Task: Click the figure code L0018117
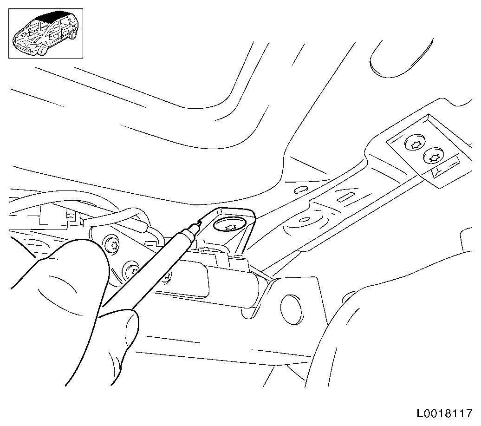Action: coord(444,413)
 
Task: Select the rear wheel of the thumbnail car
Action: coord(73,34)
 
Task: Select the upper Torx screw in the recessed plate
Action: coord(416,144)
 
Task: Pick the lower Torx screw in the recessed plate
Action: coord(434,158)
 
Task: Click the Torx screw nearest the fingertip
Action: coord(112,245)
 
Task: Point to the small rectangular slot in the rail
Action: coord(345,197)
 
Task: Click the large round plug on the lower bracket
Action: coord(291,309)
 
